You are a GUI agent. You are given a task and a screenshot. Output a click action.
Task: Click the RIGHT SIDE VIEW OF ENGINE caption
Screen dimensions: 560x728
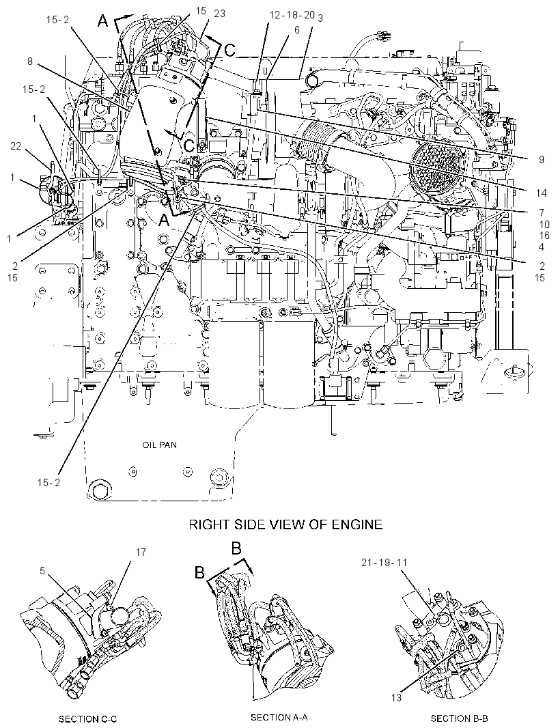coord(285,524)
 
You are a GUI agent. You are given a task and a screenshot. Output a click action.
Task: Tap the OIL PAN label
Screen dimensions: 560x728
coord(159,445)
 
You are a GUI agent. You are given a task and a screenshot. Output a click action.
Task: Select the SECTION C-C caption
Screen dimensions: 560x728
coord(88,719)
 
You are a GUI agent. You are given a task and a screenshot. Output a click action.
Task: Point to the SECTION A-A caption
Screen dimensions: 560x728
coord(279,717)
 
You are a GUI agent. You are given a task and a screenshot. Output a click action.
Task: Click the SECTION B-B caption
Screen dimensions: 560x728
coord(459,718)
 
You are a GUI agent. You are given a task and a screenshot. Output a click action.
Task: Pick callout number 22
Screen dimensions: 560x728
coord(16,145)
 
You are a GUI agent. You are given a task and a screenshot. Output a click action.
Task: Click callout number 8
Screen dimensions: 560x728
coord(30,61)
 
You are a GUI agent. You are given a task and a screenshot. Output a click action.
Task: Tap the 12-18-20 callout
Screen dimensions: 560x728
coord(292,15)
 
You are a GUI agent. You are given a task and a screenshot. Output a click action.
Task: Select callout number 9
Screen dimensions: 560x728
coord(542,159)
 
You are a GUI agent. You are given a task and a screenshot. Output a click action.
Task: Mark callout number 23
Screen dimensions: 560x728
coord(219,14)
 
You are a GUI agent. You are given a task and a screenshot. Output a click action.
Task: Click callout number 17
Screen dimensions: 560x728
coord(141,552)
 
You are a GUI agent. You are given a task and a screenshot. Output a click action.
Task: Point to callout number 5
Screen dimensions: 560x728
coord(42,571)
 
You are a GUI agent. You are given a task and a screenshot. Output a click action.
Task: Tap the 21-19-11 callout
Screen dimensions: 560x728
coord(384,562)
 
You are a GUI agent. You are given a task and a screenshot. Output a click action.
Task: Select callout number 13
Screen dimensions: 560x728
coord(396,697)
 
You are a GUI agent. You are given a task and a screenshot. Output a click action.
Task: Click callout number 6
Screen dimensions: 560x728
coord(297,30)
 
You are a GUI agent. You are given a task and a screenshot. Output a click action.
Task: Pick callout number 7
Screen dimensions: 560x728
coord(542,213)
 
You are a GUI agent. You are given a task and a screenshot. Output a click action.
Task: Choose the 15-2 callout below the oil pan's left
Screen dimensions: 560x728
coord(48,482)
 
